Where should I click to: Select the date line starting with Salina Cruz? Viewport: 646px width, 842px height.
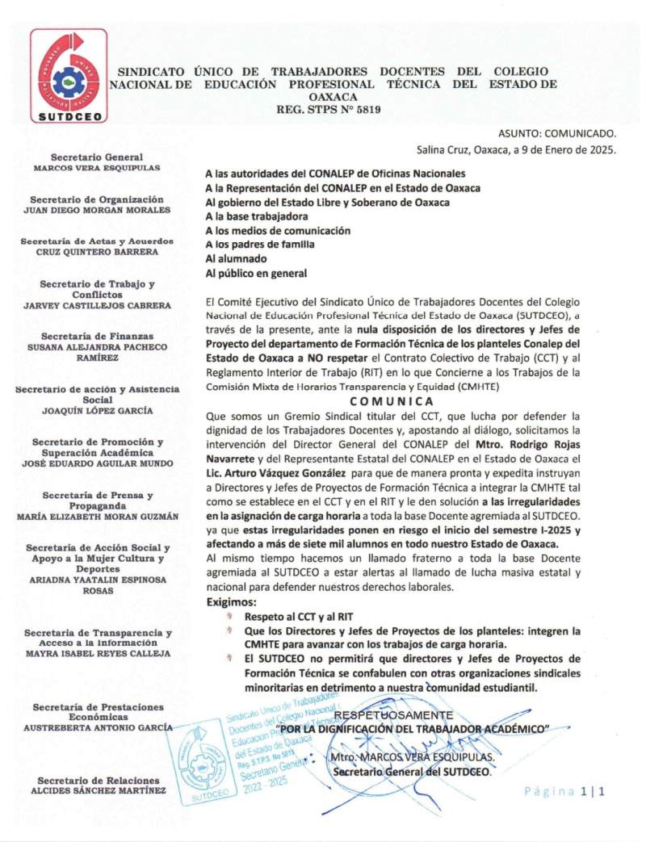tap(516, 149)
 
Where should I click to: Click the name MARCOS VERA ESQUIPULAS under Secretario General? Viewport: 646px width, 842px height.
tap(96, 168)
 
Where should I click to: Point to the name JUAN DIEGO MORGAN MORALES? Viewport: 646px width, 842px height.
tap(96, 210)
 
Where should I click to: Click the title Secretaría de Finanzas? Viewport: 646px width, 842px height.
tap(96, 337)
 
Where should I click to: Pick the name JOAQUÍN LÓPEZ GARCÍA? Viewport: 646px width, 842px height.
tap(96, 410)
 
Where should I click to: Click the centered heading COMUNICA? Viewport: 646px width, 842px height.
tap(392, 401)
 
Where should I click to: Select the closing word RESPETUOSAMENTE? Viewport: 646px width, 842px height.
tap(393, 715)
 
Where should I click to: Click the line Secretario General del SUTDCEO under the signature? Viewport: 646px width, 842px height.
tap(411, 773)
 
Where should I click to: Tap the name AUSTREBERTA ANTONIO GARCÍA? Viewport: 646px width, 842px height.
tap(96, 727)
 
